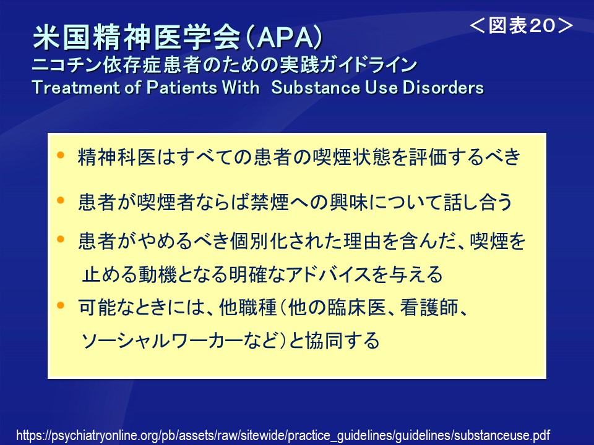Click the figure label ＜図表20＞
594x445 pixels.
tap(521, 26)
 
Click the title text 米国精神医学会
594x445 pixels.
tap(137, 38)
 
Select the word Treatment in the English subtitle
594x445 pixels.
tap(75, 87)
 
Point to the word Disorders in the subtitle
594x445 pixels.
tap(443, 87)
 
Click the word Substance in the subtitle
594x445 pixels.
tap(316, 87)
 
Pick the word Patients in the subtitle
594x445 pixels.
tap(181, 87)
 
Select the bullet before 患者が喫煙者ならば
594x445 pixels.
tap(61, 200)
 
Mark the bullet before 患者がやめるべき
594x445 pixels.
tap(61, 240)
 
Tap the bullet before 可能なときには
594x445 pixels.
tap(61, 305)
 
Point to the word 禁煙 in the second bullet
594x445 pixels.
tap(270, 201)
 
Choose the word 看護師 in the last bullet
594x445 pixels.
tap(429, 307)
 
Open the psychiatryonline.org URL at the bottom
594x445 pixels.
tap(283, 435)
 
